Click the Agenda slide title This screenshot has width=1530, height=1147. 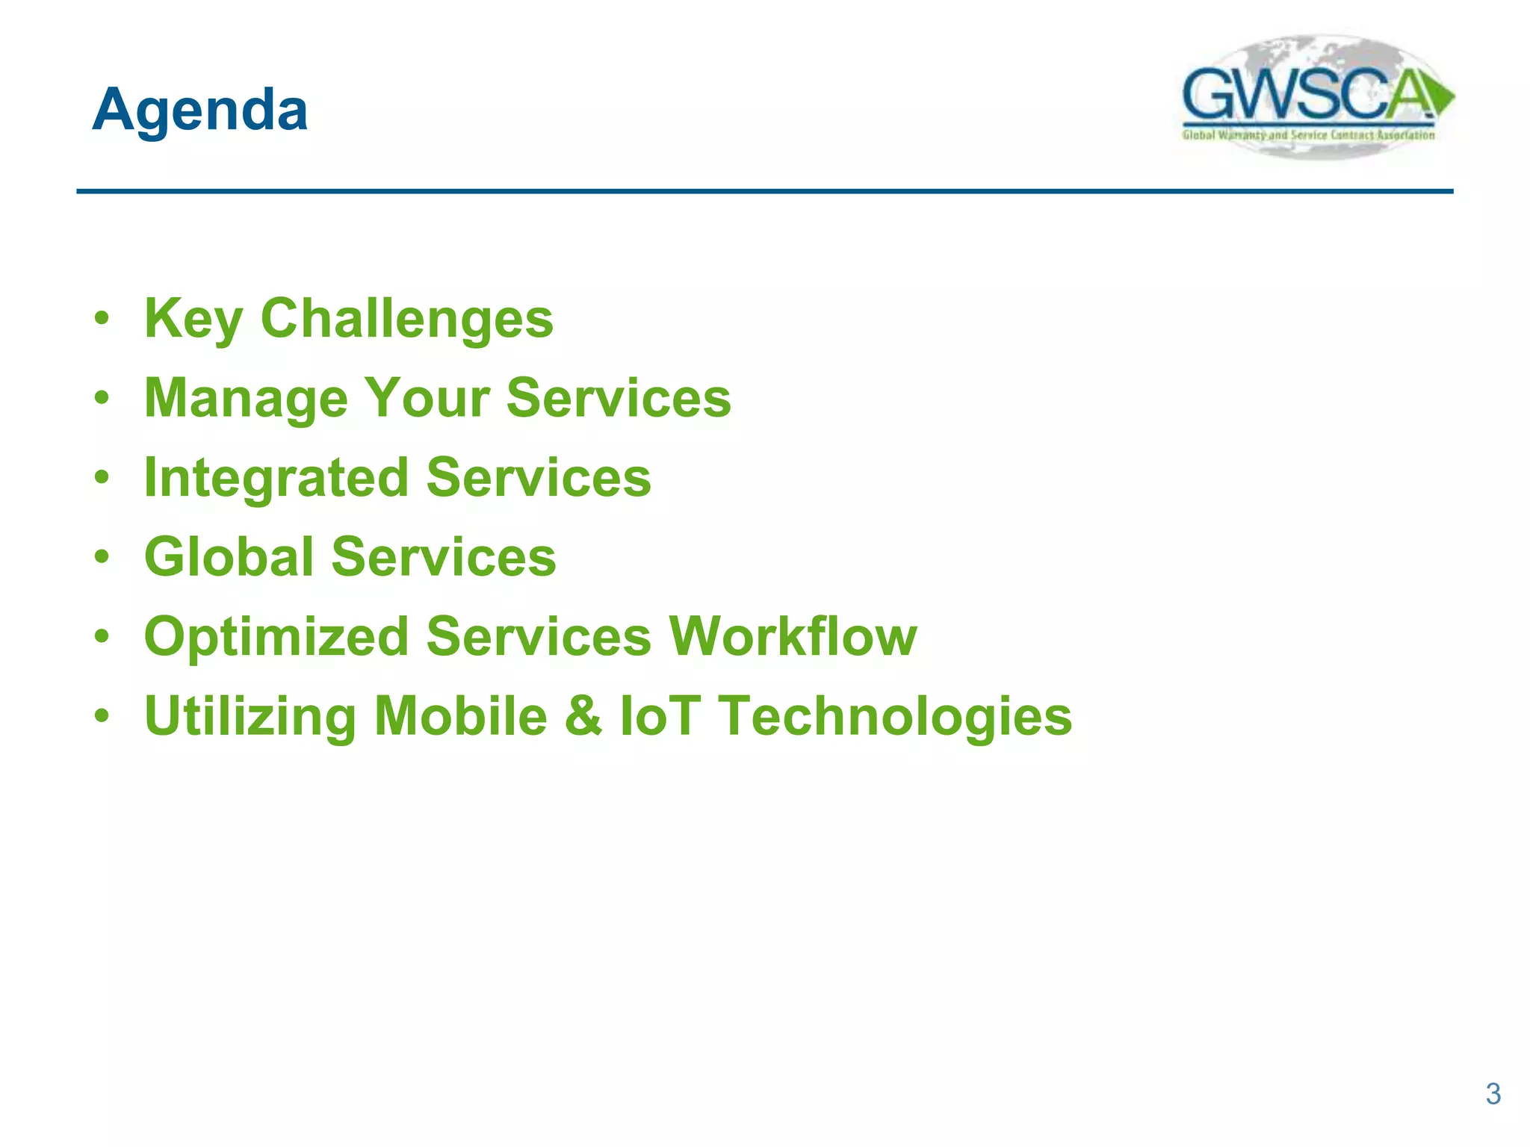[x=199, y=110]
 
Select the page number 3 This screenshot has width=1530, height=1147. [x=1493, y=1094]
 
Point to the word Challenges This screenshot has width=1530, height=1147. [x=406, y=319]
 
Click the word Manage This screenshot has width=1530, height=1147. [x=246, y=399]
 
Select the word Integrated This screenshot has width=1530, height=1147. [x=276, y=478]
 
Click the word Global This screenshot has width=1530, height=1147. [x=229, y=557]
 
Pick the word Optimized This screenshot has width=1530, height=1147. [x=276, y=637]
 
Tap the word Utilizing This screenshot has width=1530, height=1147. [x=250, y=717]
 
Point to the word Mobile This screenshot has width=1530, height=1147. [x=461, y=715]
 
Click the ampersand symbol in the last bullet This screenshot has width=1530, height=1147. [x=583, y=715]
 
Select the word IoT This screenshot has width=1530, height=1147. [x=660, y=715]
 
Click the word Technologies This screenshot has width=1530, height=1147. [x=895, y=717]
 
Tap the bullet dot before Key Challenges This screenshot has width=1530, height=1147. [x=102, y=319]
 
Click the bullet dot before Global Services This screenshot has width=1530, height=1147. [x=102, y=557]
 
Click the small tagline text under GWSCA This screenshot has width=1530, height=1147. [x=1307, y=135]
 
